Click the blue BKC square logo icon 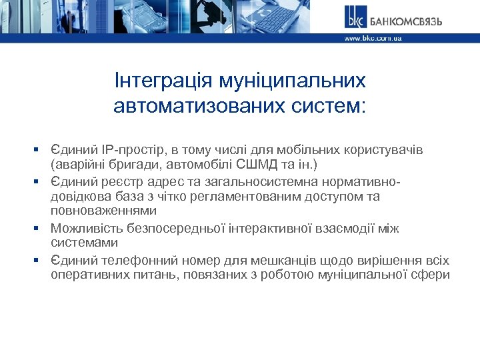(356, 17)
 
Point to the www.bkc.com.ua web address (373, 39)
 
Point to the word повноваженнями (103, 211)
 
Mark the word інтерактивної (258, 229)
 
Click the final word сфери (435, 275)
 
